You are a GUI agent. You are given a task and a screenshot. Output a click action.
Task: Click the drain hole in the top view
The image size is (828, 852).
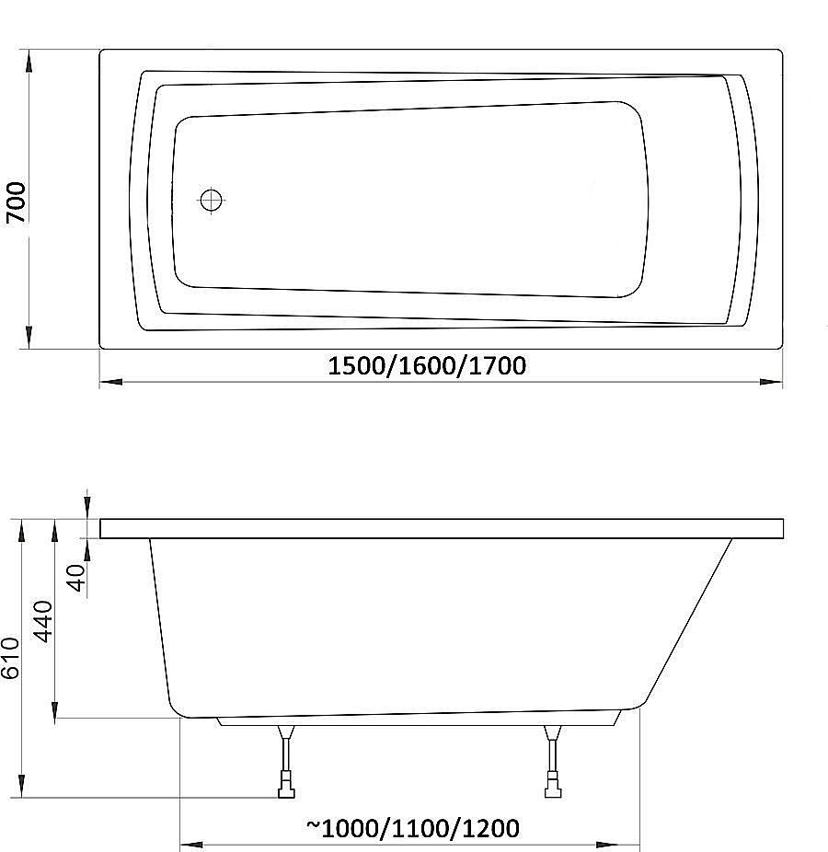click(212, 200)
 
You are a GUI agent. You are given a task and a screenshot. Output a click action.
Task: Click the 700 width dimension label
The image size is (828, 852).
click(17, 202)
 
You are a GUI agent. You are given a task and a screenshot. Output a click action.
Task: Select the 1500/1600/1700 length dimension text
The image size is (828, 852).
click(427, 366)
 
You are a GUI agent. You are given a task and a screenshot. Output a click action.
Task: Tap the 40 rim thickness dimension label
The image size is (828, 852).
click(76, 577)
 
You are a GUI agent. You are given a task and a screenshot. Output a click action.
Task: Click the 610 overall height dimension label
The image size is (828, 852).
click(10, 659)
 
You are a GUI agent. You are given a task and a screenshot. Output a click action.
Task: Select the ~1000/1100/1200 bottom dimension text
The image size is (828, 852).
click(412, 828)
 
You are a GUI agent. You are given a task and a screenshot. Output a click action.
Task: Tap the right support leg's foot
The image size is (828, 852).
click(553, 787)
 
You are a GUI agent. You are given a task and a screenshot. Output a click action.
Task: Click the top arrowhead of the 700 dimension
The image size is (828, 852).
click(29, 61)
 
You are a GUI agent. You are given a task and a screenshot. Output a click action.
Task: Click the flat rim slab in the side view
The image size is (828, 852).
click(442, 528)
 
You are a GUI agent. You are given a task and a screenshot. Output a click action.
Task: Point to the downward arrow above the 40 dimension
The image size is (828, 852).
click(86, 507)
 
